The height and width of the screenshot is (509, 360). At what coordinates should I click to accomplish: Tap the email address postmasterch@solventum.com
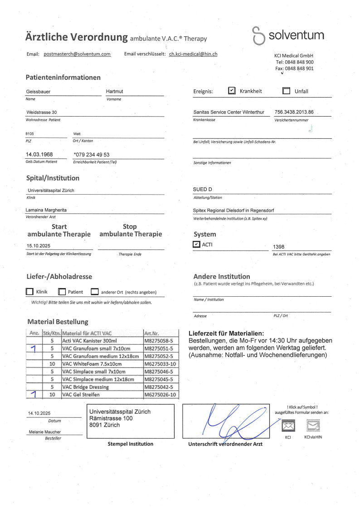coord(77,54)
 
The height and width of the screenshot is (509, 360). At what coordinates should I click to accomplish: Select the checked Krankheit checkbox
coord(232,91)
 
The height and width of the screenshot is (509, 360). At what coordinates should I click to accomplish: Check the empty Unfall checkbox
coord(286,91)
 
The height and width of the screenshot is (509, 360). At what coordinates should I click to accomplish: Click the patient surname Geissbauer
coord(38,92)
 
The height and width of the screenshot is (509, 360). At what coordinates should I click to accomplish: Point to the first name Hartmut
coord(114,92)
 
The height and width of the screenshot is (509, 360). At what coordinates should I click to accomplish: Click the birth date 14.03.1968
coord(39,155)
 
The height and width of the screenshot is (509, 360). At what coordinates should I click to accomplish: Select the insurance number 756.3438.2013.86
coord(294,112)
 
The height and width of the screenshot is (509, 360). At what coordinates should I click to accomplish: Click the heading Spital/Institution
coord(53,178)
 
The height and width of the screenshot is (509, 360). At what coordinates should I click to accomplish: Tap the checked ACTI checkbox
coord(196,245)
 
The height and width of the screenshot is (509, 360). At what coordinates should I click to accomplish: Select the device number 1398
coord(278,247)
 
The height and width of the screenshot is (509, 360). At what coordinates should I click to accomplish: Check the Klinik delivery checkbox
coord(29,292)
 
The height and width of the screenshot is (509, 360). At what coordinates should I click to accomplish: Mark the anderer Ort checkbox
coord(95,292)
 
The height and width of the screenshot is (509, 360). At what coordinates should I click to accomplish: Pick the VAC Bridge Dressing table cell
coord(85,387)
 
